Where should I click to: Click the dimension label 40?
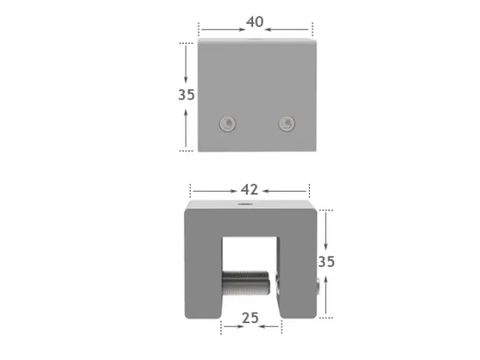coord(254,21)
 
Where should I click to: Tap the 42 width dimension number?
coord(250,189)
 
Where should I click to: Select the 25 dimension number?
coord(250,318)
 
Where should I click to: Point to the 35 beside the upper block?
coord(186,95)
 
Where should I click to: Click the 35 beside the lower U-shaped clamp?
coord(327,261)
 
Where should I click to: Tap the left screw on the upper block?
coord(229,124)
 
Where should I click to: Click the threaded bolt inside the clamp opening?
coord(247,284)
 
